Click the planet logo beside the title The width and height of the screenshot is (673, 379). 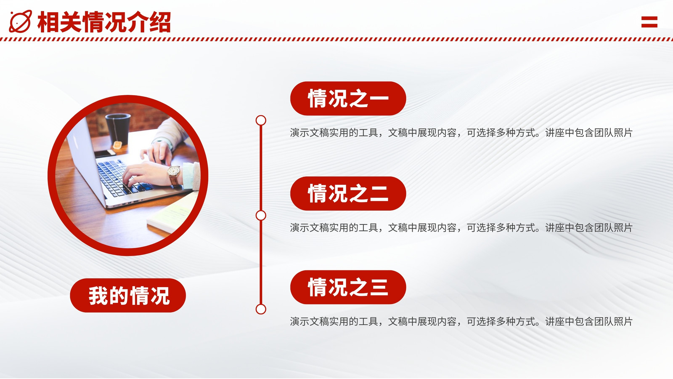tap(21, 21)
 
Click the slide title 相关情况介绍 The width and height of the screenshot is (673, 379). tap(104, 22)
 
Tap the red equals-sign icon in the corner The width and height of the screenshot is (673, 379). tap(649, 22)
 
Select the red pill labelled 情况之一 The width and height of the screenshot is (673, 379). tap(348, 99)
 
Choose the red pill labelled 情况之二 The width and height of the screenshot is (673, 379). tap(348, 193)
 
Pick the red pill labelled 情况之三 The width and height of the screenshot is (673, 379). tap(348, 287)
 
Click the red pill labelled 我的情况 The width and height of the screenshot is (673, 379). tap(128, 295)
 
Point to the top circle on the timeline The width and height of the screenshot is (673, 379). tap(261, 120)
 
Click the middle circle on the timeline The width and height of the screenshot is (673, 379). tap(261, 215)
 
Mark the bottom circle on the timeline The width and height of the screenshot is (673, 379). tap(261, 309)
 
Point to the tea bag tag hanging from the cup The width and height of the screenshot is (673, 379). tap(117, 145)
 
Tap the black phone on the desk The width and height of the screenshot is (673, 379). tap(105, 153)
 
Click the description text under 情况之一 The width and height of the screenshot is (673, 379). tap(461, 133)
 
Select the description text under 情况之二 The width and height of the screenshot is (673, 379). tap(461, 228)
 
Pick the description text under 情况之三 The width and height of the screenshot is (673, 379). tap(461, 322)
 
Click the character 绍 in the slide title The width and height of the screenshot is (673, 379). tap(160, 22)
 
